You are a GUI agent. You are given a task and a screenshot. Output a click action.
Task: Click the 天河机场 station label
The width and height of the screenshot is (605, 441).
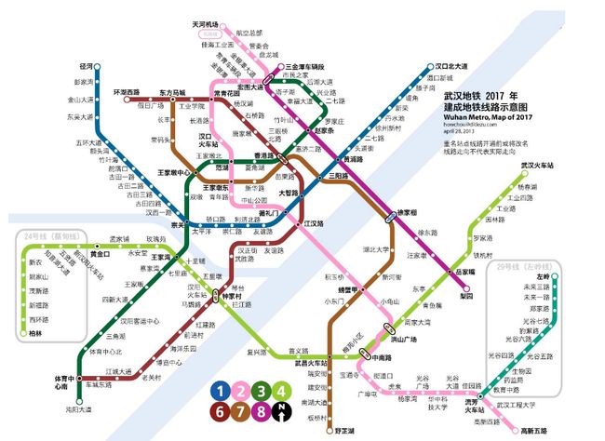(205, 24)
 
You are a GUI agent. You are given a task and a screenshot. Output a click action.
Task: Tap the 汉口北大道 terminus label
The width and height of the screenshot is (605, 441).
(458, 67)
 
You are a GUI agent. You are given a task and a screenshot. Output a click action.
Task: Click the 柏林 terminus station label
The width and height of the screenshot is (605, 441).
(36, 332)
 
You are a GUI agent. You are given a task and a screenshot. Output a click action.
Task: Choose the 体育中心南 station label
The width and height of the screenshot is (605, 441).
(64, 383)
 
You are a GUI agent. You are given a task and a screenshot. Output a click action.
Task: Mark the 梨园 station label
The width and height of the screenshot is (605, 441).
(467, 295)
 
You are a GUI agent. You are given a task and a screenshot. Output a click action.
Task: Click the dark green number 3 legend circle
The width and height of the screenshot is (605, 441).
(262, 391)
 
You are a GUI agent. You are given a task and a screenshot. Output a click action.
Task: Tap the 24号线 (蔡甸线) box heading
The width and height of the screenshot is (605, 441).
(53, 234)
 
